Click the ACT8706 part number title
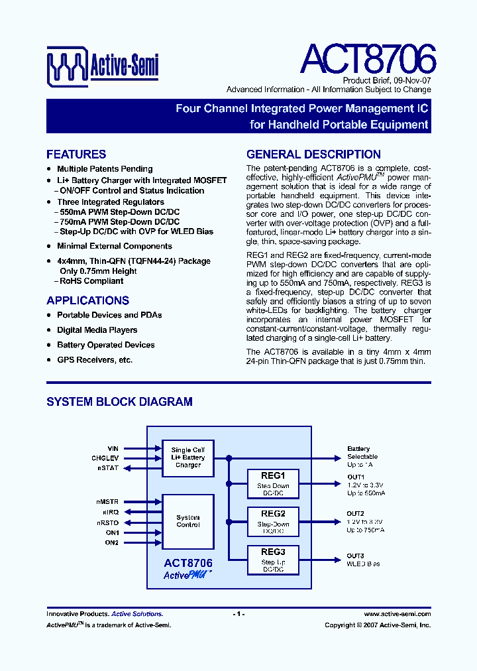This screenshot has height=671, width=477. point(368,60)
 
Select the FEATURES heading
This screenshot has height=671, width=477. point(76,154)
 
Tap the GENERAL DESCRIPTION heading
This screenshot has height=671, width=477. point(313,154)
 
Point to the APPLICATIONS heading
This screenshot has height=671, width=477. point(87,300)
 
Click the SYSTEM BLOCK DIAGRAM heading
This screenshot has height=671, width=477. point(119,401)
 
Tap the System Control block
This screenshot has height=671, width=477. point(188,521)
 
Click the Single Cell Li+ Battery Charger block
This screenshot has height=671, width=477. point(188,457)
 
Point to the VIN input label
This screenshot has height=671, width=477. point(113,449)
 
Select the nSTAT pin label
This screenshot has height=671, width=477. point(110,467)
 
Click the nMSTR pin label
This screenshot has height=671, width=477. point(108,502)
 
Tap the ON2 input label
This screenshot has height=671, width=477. point(112,542)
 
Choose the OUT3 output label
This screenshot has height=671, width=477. point(356,556)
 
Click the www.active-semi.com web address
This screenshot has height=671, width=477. point(397,614)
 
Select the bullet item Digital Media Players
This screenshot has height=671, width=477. point(97,330)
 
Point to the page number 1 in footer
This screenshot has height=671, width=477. point(238,614)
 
